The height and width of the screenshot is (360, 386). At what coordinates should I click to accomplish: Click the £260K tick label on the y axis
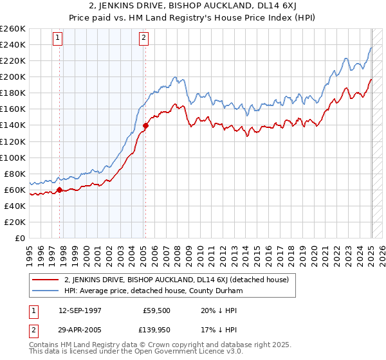pyautogui.click(x=13, y=29)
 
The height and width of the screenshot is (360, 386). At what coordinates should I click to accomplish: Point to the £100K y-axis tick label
pyautogui.click(x=13, y=157)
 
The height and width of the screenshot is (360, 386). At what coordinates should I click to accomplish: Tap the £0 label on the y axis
pyautogui.click(x=21, y=238)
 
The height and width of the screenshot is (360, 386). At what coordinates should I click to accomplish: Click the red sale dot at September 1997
pyautogui.click(x=60, y=190)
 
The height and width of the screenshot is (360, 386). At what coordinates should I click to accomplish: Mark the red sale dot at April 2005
pyautogui.click(x=146, y=125)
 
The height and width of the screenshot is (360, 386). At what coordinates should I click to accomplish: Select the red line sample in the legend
pyautogui.click(x=45, y=280)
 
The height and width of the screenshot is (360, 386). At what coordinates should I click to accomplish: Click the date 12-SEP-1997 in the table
pyautogui.click(x=78, y=310)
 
